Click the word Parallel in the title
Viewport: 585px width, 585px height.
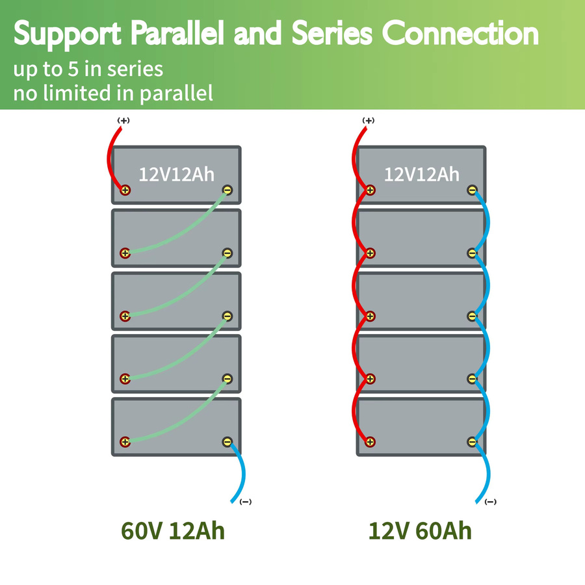click(177, 34)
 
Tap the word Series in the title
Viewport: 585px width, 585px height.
click(332, 34)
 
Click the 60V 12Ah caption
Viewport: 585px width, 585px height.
click(173, 530)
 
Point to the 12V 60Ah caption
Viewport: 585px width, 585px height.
click(420, 530)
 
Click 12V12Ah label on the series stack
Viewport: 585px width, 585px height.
click(176, 174)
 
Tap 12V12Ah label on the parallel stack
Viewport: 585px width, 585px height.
click(422, 174)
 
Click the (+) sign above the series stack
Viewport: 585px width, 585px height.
click(123, 120)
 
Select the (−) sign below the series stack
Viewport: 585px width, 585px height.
click(246, 502)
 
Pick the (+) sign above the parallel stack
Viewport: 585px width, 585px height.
click(369, 120)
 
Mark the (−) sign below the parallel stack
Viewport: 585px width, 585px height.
click(491, 502)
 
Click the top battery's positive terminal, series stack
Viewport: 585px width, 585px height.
click(125, 190)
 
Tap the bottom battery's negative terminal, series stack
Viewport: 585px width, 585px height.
click(227, 442)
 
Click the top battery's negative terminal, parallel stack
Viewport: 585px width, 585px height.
click(472, 190)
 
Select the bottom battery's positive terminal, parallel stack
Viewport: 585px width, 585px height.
click(370, 442)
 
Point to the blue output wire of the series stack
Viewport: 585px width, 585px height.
click(242, 472)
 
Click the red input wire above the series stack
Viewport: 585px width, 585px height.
click(109, 157)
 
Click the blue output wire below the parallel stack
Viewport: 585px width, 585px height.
click(487, 472)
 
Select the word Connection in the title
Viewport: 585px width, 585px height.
click(460, 34)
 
